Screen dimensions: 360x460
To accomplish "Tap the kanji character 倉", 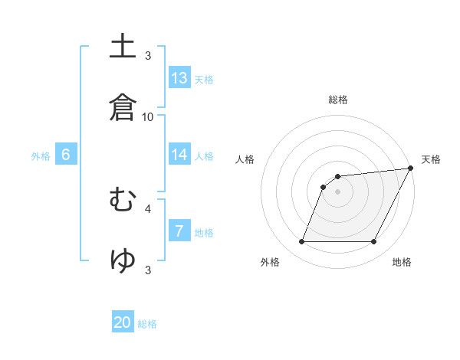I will point(123,106).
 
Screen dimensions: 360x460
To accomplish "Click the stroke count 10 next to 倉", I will point(148,116).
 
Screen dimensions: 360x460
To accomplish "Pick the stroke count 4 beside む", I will point(148,208).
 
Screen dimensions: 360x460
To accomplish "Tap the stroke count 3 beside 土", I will point(148,55).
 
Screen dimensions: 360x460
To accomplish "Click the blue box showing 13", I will point(179,78).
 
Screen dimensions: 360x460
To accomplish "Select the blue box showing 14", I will point(179,155).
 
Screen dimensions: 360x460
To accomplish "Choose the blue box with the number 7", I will point(179,231).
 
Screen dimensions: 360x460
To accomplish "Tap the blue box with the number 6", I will point(66,155).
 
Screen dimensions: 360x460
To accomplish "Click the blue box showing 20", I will point(123,323).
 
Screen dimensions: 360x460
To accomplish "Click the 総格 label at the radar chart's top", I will point(338,100).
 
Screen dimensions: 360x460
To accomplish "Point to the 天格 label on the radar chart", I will point(431,159).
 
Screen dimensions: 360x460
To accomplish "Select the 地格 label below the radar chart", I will point(402,263).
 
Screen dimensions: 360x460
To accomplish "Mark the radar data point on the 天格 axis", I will point(411,169).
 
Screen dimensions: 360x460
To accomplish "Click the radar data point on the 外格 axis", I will point(301,242).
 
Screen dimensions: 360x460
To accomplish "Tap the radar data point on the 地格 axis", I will point(374,242).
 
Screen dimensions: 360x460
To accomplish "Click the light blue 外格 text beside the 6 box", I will point(41,156).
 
